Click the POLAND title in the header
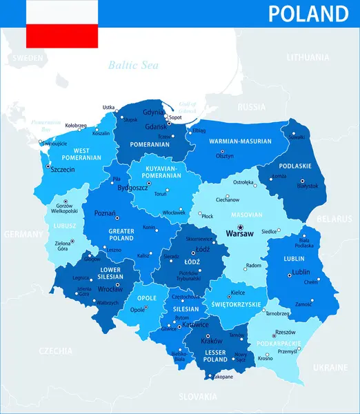308,14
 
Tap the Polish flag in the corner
61,24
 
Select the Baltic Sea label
133,66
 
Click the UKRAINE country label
330,367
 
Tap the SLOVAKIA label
197,396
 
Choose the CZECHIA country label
56,351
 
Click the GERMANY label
23,235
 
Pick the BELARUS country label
334,219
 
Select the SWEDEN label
28,57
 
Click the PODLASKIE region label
296,166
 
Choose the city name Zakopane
222,377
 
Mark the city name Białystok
306,186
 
